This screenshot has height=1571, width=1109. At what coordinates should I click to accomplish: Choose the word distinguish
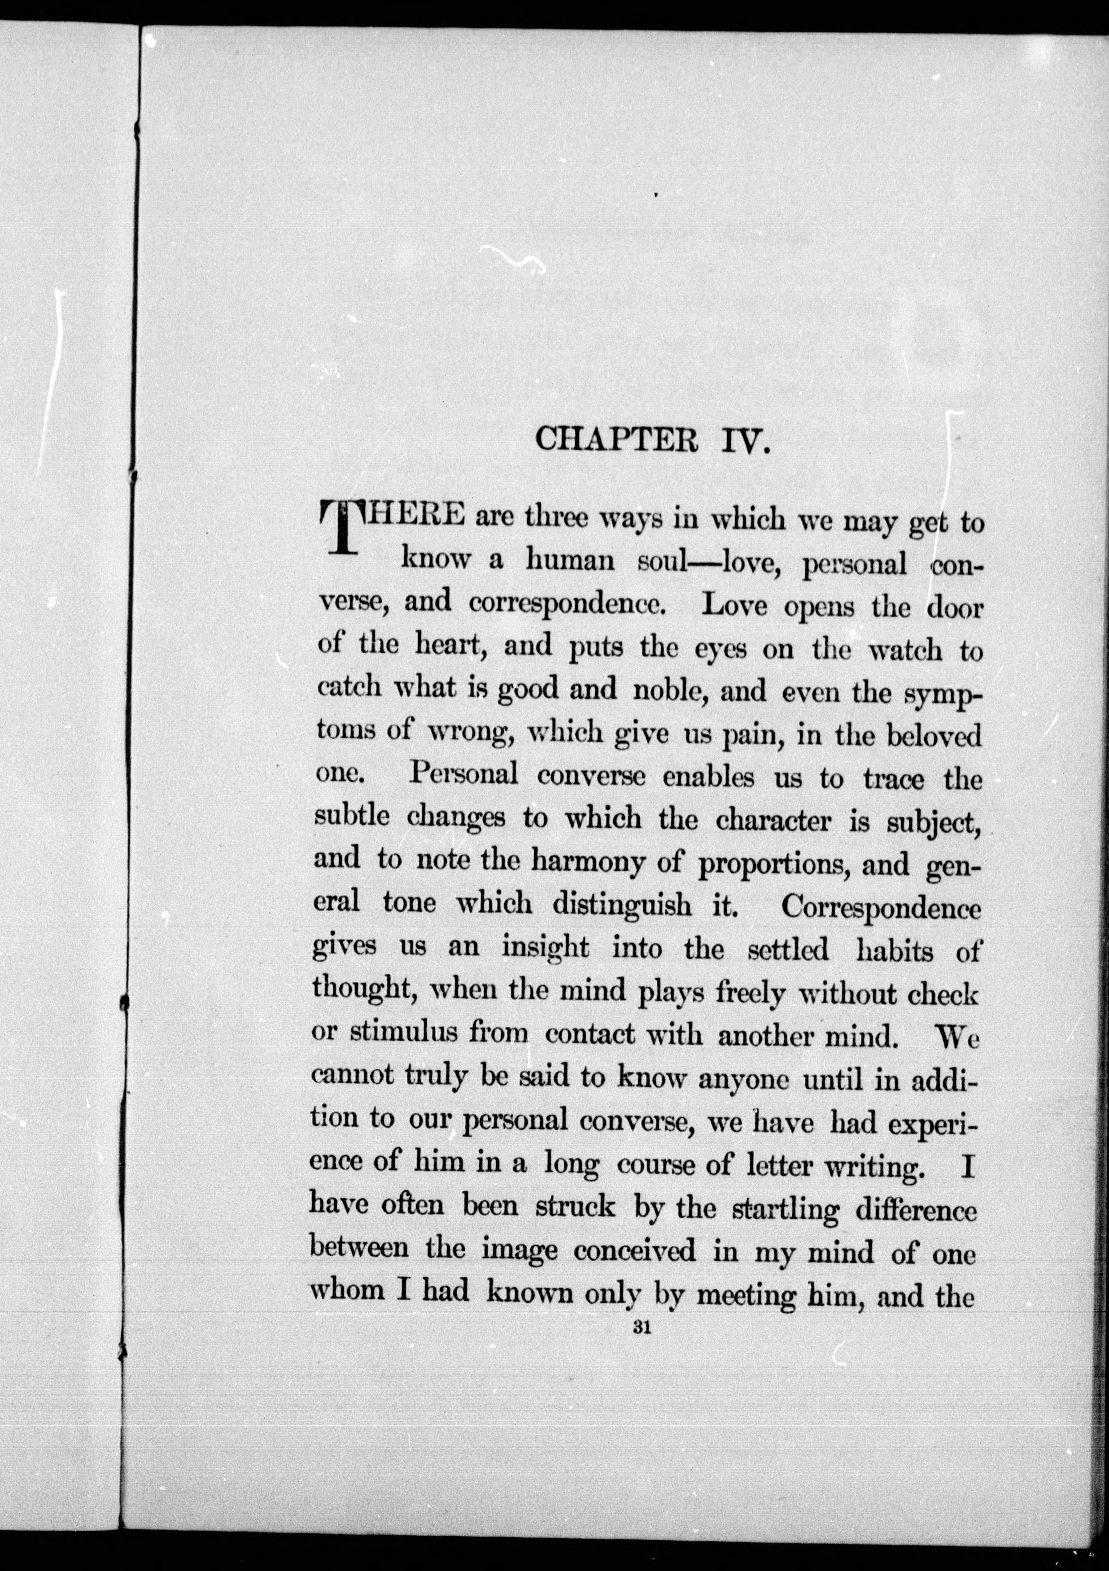[622, 905]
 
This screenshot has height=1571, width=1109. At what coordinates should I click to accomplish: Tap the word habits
[894, 950]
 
